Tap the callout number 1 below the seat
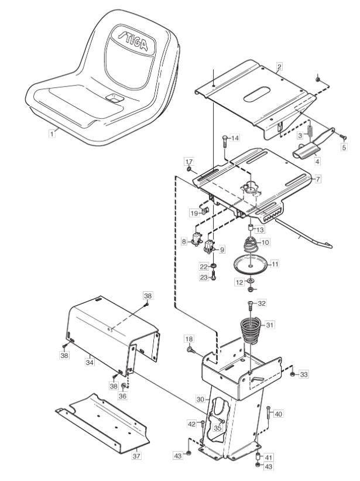pos(52,134)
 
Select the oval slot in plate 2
pos(257,94)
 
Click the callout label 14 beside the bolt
pos(235,138)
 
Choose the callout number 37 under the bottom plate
pos(136,456)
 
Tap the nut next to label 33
pos(292,374)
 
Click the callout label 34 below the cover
pos(90,362)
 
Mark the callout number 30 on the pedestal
pos(200,399)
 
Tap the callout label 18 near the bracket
pos(189,339)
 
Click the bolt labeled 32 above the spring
pos(251,306)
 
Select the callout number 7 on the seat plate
pos(318,179)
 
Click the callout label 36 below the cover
pos(122,395)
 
